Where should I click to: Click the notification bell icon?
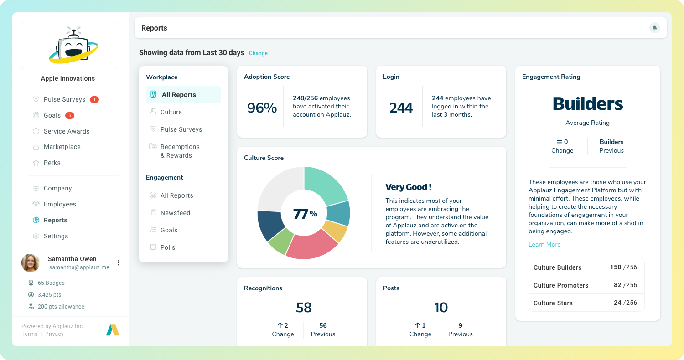click(654, 28)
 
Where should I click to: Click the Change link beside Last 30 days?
click(258, 53)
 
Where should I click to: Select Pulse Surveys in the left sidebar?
click(64, 99)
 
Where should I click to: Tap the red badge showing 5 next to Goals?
click(70, 115)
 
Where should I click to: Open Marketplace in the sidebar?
click(62, 147)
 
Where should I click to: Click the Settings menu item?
click(56, 236)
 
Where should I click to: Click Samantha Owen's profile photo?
click(31, 263)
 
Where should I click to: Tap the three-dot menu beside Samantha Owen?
click(118, 263)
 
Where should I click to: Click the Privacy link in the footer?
click(54, 334)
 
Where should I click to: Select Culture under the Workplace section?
click(171, 112)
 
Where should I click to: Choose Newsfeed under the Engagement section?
click(175, 213)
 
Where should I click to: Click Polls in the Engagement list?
click(167, 247)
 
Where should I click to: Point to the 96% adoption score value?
click(262, 108)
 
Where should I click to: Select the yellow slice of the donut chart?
click(335, 231)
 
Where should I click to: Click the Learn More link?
click(544, 244)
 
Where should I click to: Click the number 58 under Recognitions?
click(303, 308)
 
